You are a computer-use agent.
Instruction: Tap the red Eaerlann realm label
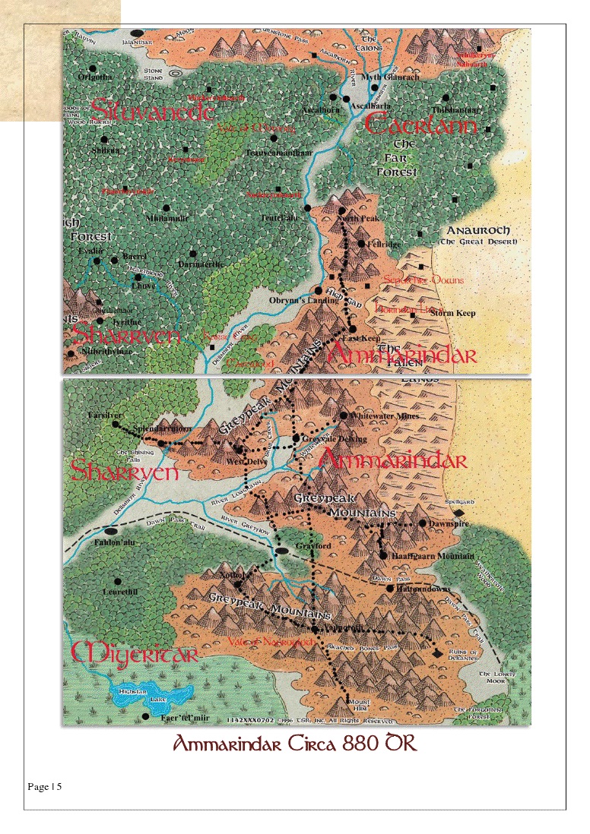coord(421,125)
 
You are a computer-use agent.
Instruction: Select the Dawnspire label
coord(449,524)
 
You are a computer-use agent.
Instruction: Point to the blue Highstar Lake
coord(152,694)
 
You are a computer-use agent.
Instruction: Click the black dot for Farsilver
coord(116,425)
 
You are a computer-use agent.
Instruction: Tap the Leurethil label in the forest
coord(120,592)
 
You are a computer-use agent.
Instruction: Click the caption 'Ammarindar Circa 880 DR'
coord(295,744)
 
